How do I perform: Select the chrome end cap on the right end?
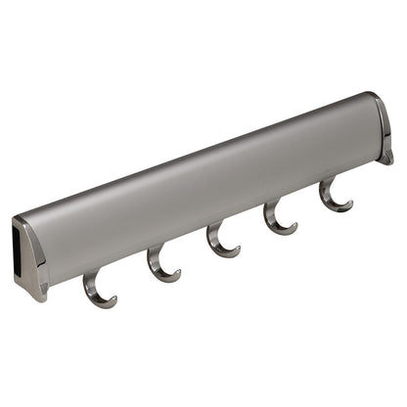[x=383, y=127]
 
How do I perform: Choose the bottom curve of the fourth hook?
[x=283, y=230]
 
